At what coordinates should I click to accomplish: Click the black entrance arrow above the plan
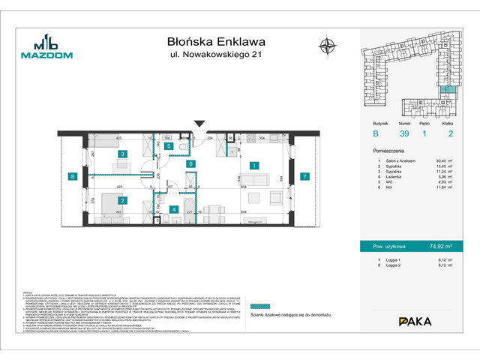coord(199,124)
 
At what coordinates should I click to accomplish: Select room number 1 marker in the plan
coord(254,166)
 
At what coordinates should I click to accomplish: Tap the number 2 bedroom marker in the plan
coord(122,201)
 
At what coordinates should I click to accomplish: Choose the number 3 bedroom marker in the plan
coord(122,154)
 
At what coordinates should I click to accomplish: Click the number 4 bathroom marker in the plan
coord(173,209)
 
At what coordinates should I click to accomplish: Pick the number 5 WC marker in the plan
coord(169,147)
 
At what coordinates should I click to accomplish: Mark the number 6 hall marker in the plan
coord(191,163)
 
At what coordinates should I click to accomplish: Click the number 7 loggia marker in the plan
coord(304,177)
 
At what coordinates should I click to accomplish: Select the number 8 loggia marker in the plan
coord(73,177)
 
